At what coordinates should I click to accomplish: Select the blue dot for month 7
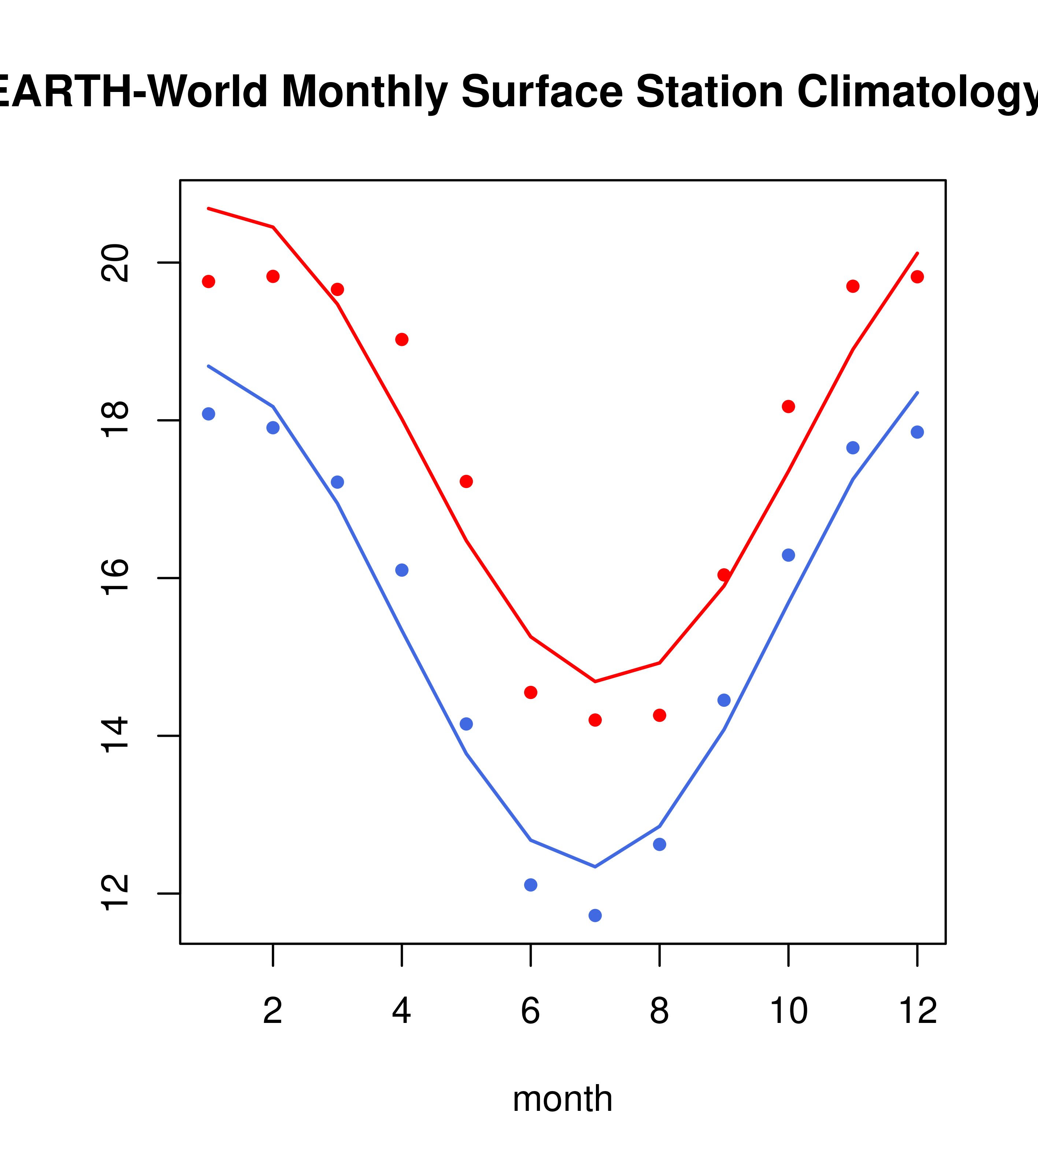click(x=595, y=916)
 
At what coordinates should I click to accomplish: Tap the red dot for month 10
click(x=788, y=406)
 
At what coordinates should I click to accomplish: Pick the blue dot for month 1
click(x=208, y=414)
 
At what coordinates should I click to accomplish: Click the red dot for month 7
click(x=595, y=720)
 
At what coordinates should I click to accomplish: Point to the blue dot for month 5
click(x=466, y=724)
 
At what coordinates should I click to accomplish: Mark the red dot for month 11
click(x=853, y=286)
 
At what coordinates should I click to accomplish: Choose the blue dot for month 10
click(x=788, y=555)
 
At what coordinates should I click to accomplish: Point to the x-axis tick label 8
click(x=659, y=1012)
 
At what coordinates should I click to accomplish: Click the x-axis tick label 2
click(x=273, y=1012)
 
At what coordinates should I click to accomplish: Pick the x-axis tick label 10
click(x=788, y=1012)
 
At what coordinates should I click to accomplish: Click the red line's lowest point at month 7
click(x=595, y=682)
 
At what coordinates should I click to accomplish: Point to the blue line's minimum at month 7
click(x=595, y=867)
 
